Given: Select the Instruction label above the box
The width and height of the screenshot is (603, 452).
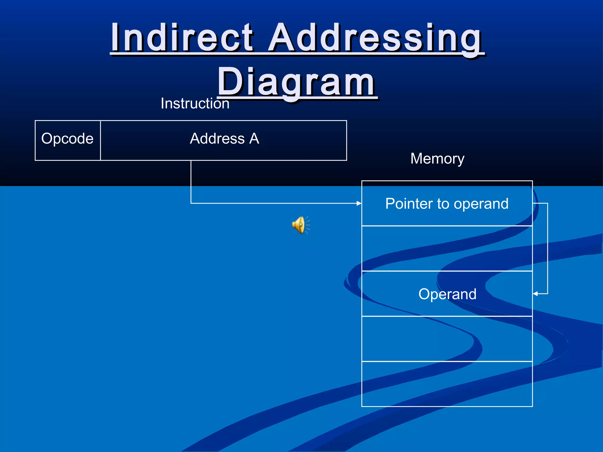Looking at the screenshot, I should [x=195, y=104].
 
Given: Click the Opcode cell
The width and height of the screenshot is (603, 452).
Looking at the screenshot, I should [x=67, y=139].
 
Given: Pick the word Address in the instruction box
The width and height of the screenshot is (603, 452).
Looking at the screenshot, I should [x=217, y=139].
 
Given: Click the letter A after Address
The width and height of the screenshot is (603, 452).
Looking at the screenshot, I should [x=254, y=138].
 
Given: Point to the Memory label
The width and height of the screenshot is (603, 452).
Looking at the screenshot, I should [x=437, y=159].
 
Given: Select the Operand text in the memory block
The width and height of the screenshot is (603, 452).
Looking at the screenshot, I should [x=447, y=294].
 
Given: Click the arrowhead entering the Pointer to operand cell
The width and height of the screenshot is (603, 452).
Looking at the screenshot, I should [x=359, y=203].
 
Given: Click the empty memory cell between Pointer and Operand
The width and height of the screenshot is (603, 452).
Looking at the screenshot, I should [x=447, y=248].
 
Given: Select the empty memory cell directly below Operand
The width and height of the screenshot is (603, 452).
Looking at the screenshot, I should [x=447, y=339].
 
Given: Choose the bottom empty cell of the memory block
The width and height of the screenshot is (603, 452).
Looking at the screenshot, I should [x=447, y=384].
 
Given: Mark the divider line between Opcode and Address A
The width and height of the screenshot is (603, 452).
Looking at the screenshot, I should [x=100, y=140].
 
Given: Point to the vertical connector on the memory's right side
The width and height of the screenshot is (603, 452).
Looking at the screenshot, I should [x=547, y=249].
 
